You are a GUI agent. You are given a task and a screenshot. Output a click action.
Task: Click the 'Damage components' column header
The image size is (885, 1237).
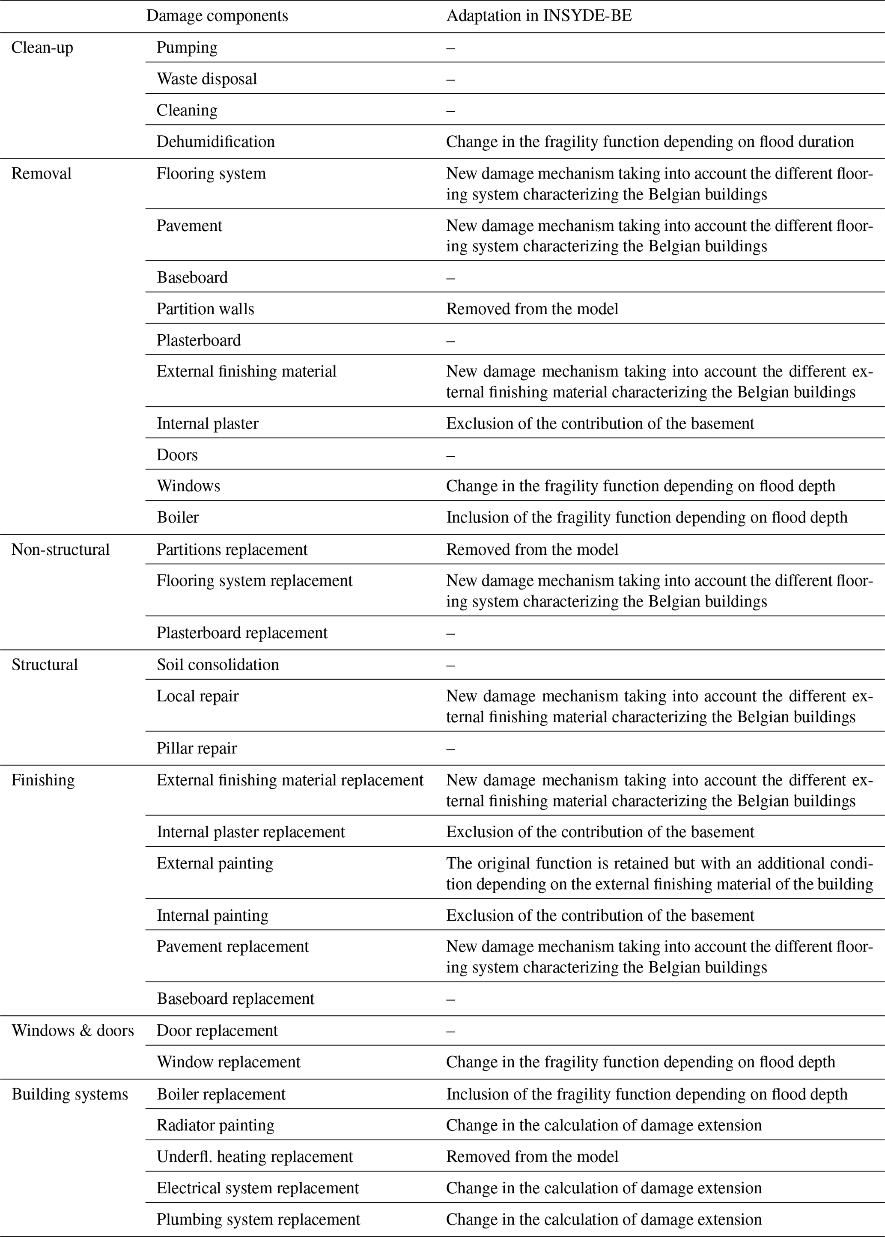click(217, 16)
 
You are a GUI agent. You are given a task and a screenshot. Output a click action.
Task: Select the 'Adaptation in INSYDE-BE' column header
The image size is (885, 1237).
click(539, 16)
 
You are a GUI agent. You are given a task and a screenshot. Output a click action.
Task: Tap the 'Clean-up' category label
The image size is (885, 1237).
click(42, 48)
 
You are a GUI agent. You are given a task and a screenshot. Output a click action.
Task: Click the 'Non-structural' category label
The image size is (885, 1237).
click(60, 550)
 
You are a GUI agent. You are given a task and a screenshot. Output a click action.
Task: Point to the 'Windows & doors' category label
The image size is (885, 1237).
click(72, 1031)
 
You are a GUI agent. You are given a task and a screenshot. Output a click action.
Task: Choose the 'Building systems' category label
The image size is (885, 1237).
click(70, 1094)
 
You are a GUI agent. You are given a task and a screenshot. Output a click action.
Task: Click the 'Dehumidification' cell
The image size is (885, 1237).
click(215, 142)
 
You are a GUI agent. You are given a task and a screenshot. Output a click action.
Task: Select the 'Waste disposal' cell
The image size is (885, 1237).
click(206, 80)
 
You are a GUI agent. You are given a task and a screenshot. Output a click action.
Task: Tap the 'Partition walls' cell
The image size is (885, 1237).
click(206, 309)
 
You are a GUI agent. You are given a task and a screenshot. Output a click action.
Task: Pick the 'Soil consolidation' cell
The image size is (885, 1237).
click(218, 665)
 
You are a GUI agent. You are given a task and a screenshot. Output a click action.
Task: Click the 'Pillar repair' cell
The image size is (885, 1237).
click(197, 749)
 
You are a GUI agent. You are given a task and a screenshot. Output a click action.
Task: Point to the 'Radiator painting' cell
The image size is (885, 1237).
click(215, 1125)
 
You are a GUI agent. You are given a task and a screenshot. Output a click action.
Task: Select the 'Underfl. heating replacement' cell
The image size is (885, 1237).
click(254, 1157)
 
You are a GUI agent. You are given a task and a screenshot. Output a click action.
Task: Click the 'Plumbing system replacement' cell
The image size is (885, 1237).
click(258, 1219)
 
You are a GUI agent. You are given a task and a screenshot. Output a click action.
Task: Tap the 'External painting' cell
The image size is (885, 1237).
click(215, 863)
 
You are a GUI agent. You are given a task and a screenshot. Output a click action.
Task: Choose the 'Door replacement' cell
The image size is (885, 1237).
click(217, 1031)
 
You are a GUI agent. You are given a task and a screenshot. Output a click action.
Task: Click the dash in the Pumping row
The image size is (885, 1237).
click(450, 48)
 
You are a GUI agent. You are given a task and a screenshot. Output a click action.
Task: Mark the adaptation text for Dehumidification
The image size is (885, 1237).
click(650, 142)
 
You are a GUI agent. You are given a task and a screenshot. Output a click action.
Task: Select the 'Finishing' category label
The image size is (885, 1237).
click(43, 780)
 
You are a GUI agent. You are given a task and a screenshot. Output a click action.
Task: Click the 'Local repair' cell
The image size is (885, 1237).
click(197, 696)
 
